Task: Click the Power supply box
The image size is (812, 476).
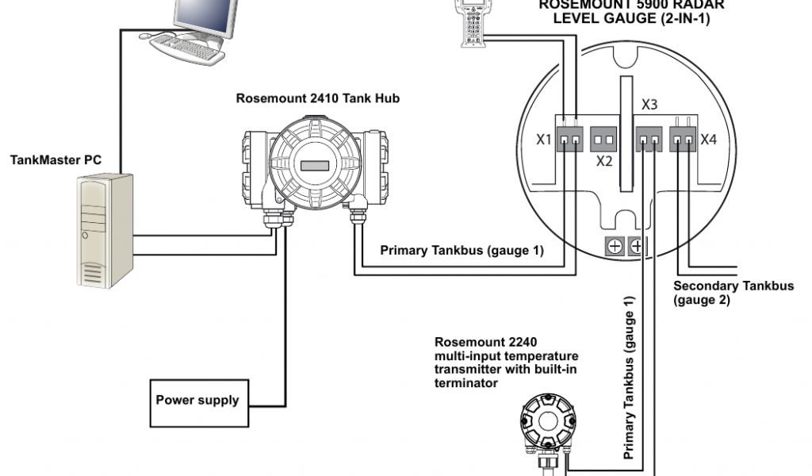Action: click(x=197, y=401)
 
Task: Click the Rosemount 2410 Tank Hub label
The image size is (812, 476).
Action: click(x=317, y=99)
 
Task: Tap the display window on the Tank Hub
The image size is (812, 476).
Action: click(x=315, y=166)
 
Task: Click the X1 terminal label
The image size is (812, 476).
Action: click(x=544, y=140)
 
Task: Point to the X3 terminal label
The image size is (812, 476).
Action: click(x=649, y=105)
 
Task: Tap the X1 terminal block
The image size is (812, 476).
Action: click(x=569, y=140)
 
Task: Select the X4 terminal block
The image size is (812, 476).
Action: click(x=684, y=140)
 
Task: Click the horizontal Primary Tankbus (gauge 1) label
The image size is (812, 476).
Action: click(x=462, y=251)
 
